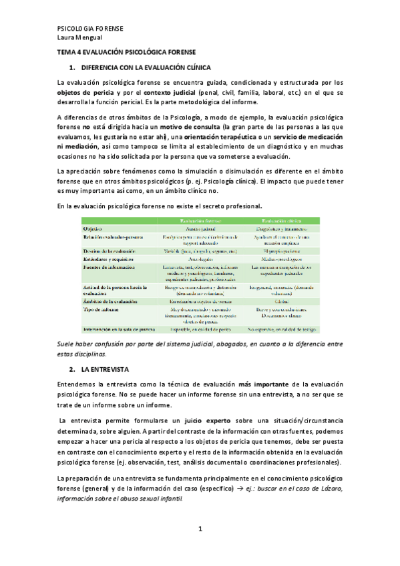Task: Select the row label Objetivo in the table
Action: click(96, 229)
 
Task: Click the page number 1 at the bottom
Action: click(200, 529)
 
